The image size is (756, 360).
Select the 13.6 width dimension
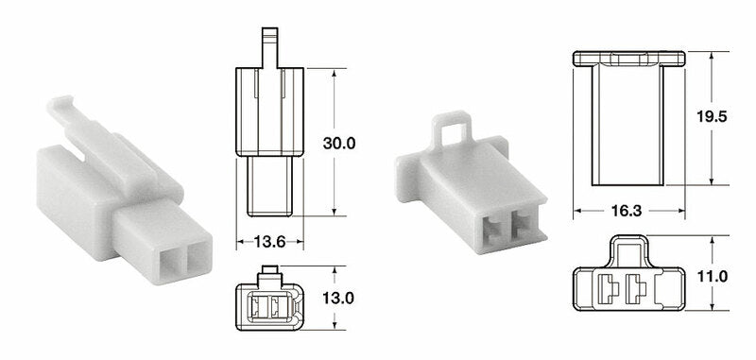click(269, 243)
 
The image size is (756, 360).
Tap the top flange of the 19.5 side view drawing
click(627, 59)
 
